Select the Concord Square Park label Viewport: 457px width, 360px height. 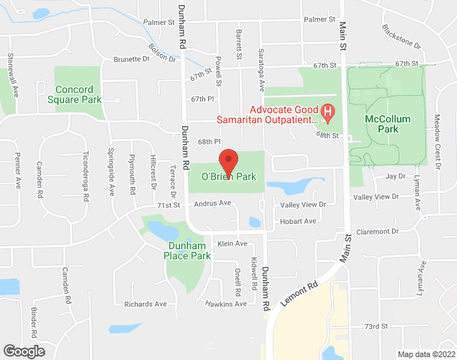(x=79, y=94)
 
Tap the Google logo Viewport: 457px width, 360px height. (x=23, y=351)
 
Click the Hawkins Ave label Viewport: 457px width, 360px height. (x=225, y=304)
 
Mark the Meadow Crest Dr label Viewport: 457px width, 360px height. (x=437, y=141)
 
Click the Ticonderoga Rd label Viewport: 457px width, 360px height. (x=86, y=176)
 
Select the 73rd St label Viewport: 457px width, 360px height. (x=376, y=325)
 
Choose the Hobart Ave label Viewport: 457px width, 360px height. (x=298, y=221)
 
